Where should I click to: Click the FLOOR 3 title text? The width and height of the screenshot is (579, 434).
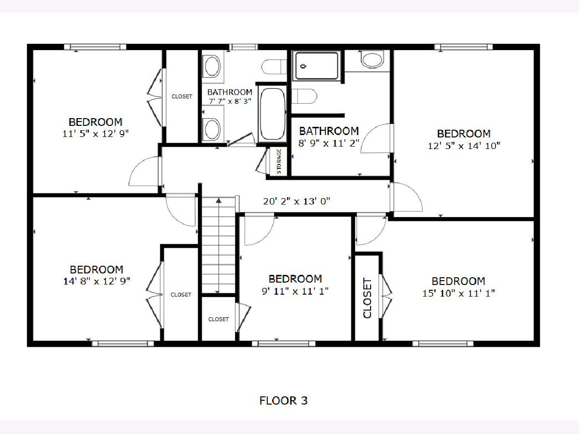283,401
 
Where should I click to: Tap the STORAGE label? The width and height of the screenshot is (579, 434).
279,161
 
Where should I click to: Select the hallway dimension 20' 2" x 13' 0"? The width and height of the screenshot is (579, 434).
296,201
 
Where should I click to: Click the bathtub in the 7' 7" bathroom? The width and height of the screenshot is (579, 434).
273,114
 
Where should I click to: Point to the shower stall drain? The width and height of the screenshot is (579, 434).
303,66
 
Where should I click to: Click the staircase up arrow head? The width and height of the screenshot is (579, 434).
219,200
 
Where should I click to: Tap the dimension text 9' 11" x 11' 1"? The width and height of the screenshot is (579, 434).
295,291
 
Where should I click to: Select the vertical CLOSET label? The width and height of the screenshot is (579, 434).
367,298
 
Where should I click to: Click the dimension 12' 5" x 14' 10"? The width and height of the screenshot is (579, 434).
464,146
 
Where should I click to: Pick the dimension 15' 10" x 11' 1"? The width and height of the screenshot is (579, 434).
458,293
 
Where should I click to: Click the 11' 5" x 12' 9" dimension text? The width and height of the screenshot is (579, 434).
96,134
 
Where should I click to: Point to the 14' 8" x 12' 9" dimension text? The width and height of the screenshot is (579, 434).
96,282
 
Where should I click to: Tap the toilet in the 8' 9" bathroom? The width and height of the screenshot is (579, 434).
304,96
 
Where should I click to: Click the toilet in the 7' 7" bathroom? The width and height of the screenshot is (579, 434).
274,67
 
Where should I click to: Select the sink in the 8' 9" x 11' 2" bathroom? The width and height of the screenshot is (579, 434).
372,59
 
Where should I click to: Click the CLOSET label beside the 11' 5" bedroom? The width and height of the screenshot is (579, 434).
182,97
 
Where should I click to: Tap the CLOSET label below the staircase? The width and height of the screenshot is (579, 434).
219,319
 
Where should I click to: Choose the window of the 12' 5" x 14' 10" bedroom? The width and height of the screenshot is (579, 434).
464,47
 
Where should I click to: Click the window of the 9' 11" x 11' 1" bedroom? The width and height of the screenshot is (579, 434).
284,344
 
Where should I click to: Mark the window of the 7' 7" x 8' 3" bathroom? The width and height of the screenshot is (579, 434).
243,47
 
